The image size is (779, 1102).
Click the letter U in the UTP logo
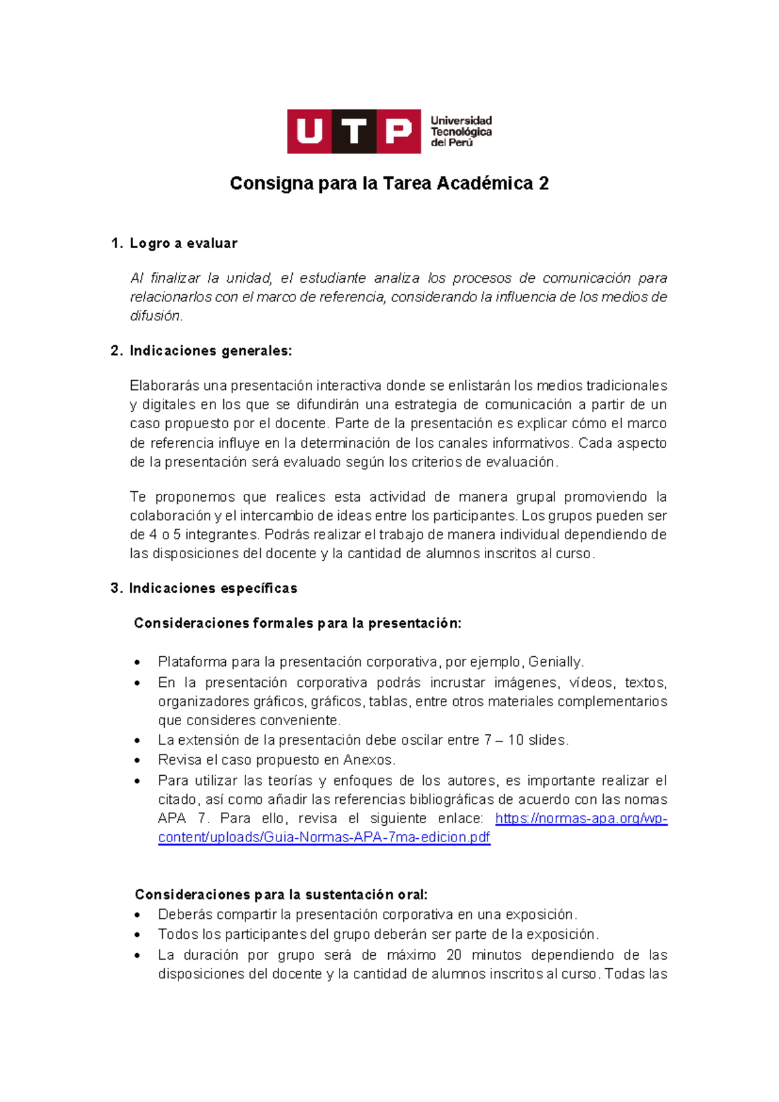[x=309, y=132]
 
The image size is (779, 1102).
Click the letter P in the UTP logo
[x=398, y=132]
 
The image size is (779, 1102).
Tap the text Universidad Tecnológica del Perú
[x=461, y=132]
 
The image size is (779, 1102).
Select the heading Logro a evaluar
[x=183, y=244]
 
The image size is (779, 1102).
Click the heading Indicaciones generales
[x=210, y=351]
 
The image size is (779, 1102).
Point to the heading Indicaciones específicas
[x=213, y=589]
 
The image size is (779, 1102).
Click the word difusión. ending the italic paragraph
[x=156, y=316]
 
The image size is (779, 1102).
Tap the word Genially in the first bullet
[x=555, y=662]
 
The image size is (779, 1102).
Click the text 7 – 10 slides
[x=526, y=740]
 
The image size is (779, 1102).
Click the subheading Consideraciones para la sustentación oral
[x=281, y=895]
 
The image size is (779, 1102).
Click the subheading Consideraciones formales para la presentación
[x=297, y=624]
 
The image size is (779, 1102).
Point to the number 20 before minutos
[x=454, y=955]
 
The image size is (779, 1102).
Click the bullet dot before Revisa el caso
[x=138, y=761]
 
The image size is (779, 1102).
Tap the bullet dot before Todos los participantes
[x=138, y=935]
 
